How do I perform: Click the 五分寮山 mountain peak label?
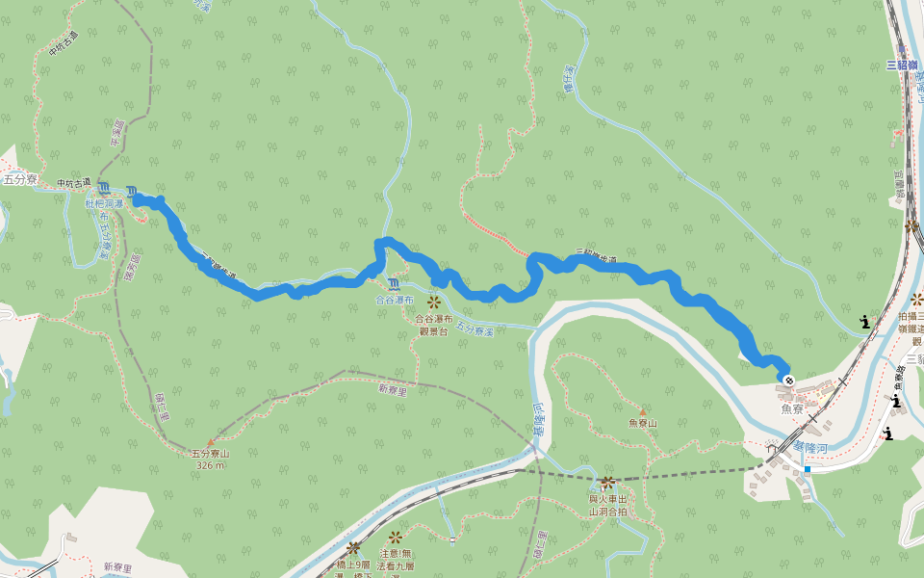click(x=210, y=454)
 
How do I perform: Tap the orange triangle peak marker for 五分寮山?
click(x=210, y=443)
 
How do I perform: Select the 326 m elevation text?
click(x=210, y=465)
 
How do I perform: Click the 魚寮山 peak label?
click(x=642, y=423)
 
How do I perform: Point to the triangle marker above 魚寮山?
click(x=642, y=411)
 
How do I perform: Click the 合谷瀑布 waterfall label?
click(x=395, y=301)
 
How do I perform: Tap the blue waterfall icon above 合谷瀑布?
click(x=395, y=284)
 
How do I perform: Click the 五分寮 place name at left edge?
click(x=18, y=179)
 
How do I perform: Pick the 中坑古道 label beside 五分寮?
click(x=72, y=183)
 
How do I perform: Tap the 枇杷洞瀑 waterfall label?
click(x=104, y=204)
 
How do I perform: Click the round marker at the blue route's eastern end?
click(x=789, y=381)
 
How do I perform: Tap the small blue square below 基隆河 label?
click(x=807, y=469)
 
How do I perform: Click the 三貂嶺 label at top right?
click(x=906, y=66)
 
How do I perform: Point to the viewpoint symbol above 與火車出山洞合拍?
click(x=607, y=482)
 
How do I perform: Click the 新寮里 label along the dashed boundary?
click(x=393, y=389)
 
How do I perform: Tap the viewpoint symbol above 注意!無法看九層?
click(x=395, y=536)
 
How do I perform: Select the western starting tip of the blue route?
click(x=136, y=198)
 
